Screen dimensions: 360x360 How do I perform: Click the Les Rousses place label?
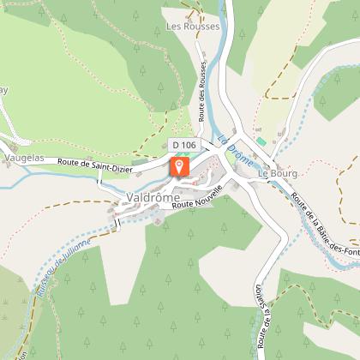[x=193, y=27]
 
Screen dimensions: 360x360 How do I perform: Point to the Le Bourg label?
[x=277, y=173]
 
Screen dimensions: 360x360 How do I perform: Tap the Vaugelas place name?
[x=24, y=159]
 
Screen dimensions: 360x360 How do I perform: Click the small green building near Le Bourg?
[x=261, y=139]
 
